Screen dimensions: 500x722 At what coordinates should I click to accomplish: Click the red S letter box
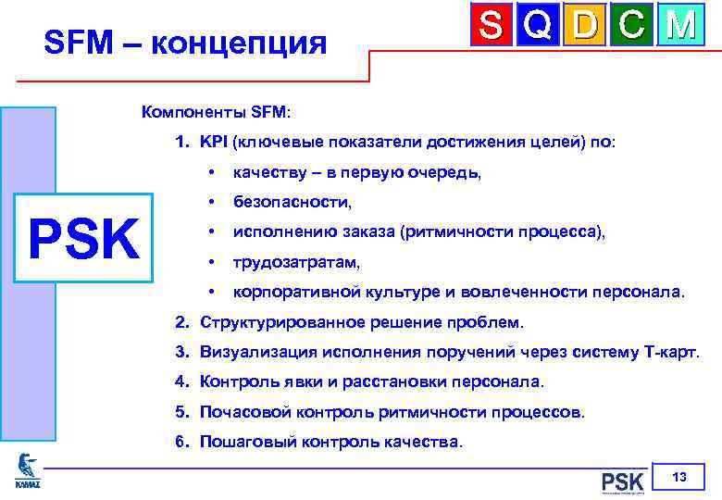(x=492, y=25)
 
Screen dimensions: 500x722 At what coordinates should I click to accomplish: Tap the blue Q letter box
(x=539, y=25)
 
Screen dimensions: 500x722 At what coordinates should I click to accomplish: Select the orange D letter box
(x=585, y=25)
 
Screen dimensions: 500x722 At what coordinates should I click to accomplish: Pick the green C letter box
(x=632, y=25)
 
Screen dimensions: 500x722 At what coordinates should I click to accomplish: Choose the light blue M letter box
(x=680, y=25)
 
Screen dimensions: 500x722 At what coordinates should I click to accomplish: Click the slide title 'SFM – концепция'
(x=185, y=42)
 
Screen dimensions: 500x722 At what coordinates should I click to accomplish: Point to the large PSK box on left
(x=84, y=239)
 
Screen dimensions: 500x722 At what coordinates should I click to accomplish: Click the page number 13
(x=679, y=478)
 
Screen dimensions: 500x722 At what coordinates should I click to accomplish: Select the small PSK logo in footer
(x=621, y=481)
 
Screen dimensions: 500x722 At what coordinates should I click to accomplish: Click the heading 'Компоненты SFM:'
(x=215, y=112)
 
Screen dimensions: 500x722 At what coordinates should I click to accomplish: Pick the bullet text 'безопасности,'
(x=293, y=202)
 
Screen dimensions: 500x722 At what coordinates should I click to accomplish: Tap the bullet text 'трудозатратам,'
(x=296, y=262)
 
